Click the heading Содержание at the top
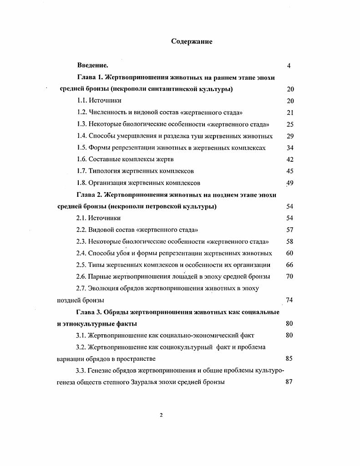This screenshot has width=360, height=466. [x=192, y=41]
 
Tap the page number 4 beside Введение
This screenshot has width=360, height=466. [x=289, y=66]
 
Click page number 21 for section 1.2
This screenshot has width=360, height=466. [x=290, y=113]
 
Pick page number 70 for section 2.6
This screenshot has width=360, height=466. [x=289, y=277]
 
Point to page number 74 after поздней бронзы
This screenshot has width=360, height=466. [x=289, y=300]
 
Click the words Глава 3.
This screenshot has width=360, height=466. [x=90, y=312]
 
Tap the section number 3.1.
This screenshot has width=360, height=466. [x=81, y=335]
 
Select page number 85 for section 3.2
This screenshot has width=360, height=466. [x=289, y=358]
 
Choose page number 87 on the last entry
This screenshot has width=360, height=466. [x=289, y=382]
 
